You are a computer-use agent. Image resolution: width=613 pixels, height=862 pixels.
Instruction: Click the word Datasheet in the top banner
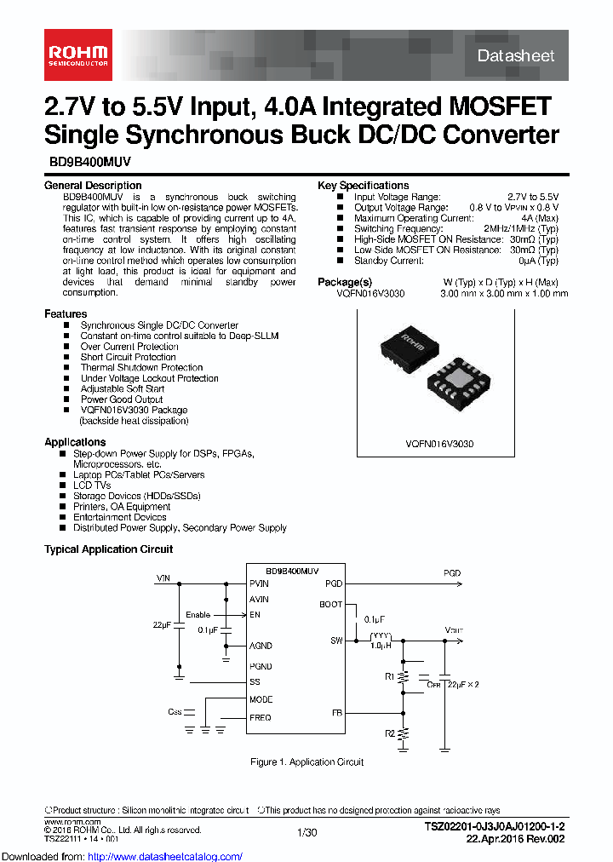pos(516,55)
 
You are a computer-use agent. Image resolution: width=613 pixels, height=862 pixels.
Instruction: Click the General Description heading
pos(93,186)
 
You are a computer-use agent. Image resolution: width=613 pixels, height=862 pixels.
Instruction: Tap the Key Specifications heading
pos(363,186)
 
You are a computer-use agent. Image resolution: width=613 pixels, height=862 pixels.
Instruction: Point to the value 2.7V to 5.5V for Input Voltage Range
pos(533,197)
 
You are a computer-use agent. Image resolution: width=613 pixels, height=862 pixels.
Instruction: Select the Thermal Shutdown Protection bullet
pos(141,368)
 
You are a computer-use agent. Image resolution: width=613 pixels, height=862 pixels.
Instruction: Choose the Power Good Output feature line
pos(121,399)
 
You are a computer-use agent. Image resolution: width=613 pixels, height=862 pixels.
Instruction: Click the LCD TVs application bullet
pos(92,486)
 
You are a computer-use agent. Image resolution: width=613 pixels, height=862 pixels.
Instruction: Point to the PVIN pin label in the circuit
pos(259,583)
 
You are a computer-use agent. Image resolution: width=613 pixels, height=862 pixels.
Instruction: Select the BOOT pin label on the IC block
pos(331,605)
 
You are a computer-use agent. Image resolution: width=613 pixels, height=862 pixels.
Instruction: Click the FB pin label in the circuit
pos(336,712)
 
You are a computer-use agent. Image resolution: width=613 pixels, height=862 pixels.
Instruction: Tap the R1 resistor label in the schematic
pos(389,677)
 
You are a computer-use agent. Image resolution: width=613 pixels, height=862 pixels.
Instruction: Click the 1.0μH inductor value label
pos(380,646)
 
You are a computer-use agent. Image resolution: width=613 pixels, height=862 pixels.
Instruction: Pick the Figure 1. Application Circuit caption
pos(306,762)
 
